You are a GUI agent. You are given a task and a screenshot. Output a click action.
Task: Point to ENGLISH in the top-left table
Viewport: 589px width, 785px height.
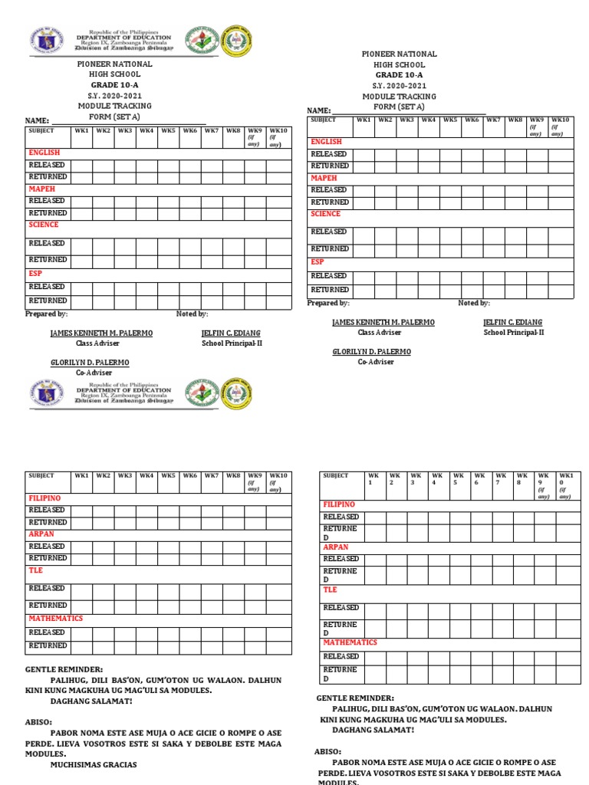44,153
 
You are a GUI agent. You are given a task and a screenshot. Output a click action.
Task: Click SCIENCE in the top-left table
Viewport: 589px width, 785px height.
44,225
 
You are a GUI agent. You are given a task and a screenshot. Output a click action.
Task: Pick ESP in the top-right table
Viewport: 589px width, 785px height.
318,261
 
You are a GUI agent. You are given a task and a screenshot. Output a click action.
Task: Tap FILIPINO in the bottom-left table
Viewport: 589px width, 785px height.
44,498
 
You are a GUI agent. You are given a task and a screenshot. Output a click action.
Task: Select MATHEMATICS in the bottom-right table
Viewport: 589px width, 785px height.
350,642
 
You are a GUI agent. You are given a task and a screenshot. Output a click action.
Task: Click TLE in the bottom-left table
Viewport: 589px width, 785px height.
36,570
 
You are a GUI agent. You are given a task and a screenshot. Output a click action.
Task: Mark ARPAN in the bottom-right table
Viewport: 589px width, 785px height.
335,547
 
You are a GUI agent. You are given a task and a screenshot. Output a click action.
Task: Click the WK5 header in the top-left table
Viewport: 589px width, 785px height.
167,131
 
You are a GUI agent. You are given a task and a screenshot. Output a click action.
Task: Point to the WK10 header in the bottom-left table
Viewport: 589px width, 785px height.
278,476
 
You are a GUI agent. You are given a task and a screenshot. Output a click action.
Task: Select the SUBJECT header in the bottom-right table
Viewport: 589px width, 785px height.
336,476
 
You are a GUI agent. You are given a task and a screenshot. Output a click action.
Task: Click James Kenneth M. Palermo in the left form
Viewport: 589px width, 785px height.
101,333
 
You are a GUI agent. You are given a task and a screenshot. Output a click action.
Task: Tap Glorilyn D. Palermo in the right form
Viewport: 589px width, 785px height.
371,351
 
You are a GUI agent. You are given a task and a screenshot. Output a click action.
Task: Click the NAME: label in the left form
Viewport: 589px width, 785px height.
38,121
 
